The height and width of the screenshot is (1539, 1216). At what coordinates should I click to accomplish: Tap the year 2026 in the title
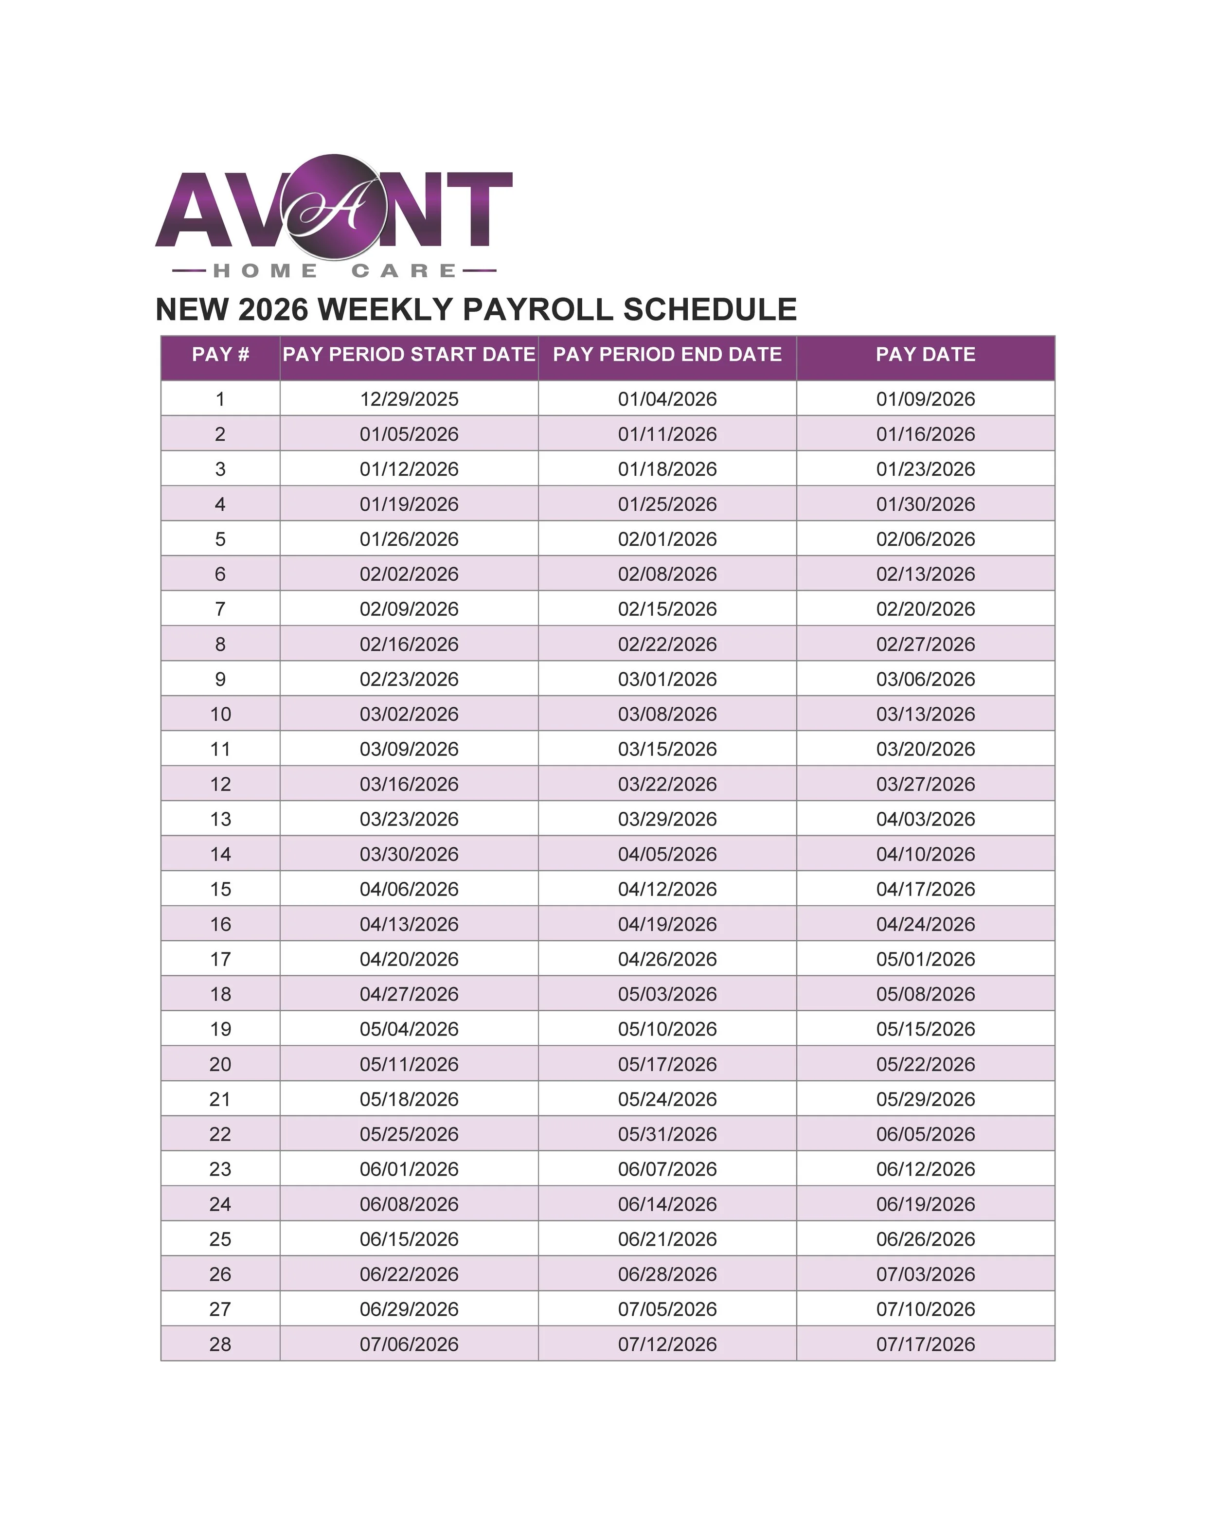point(273,310)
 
